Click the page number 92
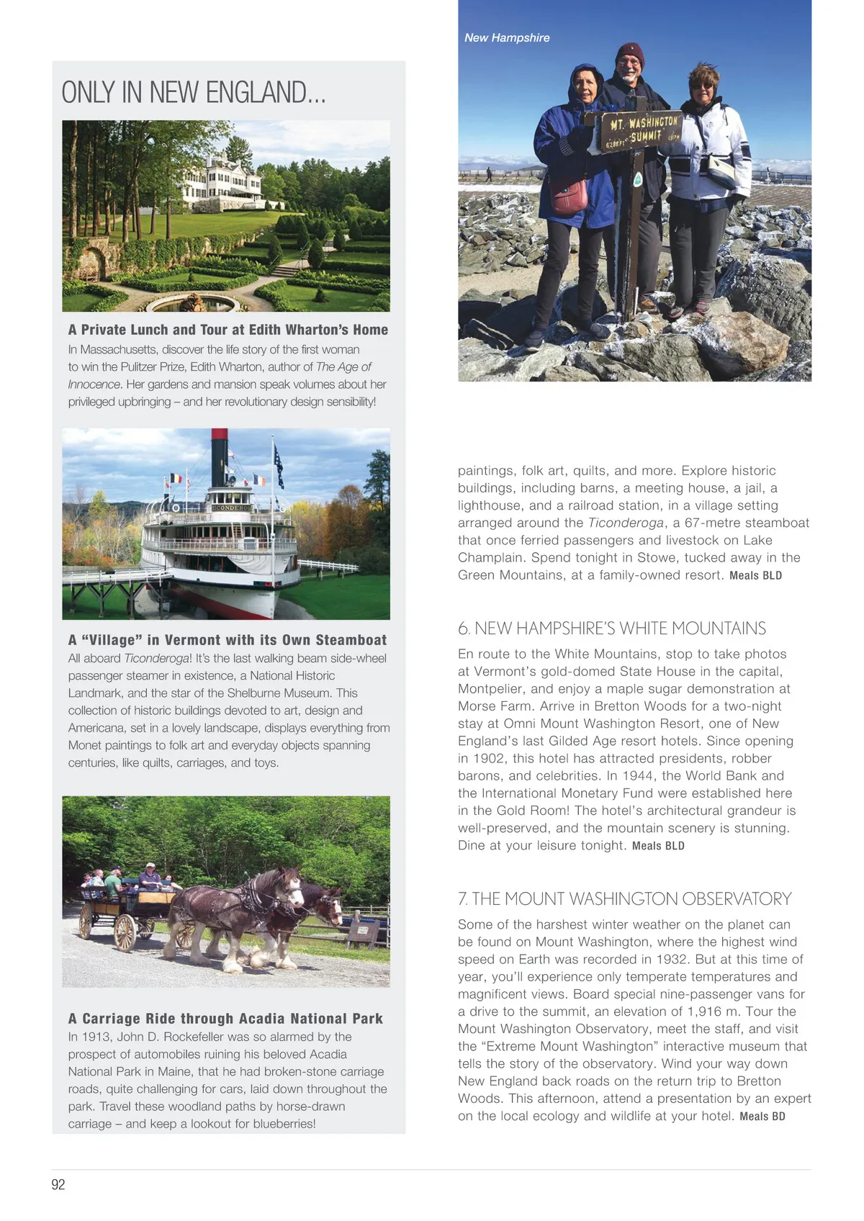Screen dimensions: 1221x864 [x=58, y=1184]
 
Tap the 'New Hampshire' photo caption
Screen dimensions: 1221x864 [x=507, y=37]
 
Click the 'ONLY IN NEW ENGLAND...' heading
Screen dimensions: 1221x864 [x=194, y=92]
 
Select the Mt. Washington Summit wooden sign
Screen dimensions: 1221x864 [x=640, y=130]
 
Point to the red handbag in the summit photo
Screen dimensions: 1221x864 [x=569, y=197]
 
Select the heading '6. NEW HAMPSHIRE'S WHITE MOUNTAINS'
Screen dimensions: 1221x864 [x=612, y=628]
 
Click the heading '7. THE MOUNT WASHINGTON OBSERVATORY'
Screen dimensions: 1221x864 [x=624, y=898]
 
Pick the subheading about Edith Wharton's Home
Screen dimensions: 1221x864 [x=228, y=330]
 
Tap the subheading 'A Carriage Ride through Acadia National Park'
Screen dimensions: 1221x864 [x=225, y=1019]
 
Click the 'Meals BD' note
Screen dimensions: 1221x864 [x=762, y=1117]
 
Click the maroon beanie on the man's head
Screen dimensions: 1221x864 [x=629, y=53]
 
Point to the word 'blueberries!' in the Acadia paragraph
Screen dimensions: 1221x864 [x=282, y=1124]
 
